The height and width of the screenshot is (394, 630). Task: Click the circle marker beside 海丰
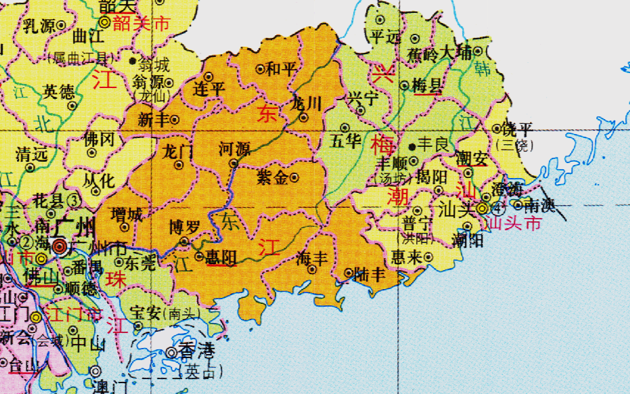tap(312, 269)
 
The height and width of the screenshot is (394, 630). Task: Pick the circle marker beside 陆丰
tap(349, 273)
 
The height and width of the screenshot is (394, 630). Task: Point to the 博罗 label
tap(184, 227)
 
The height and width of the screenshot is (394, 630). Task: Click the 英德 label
tap(60, 91)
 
